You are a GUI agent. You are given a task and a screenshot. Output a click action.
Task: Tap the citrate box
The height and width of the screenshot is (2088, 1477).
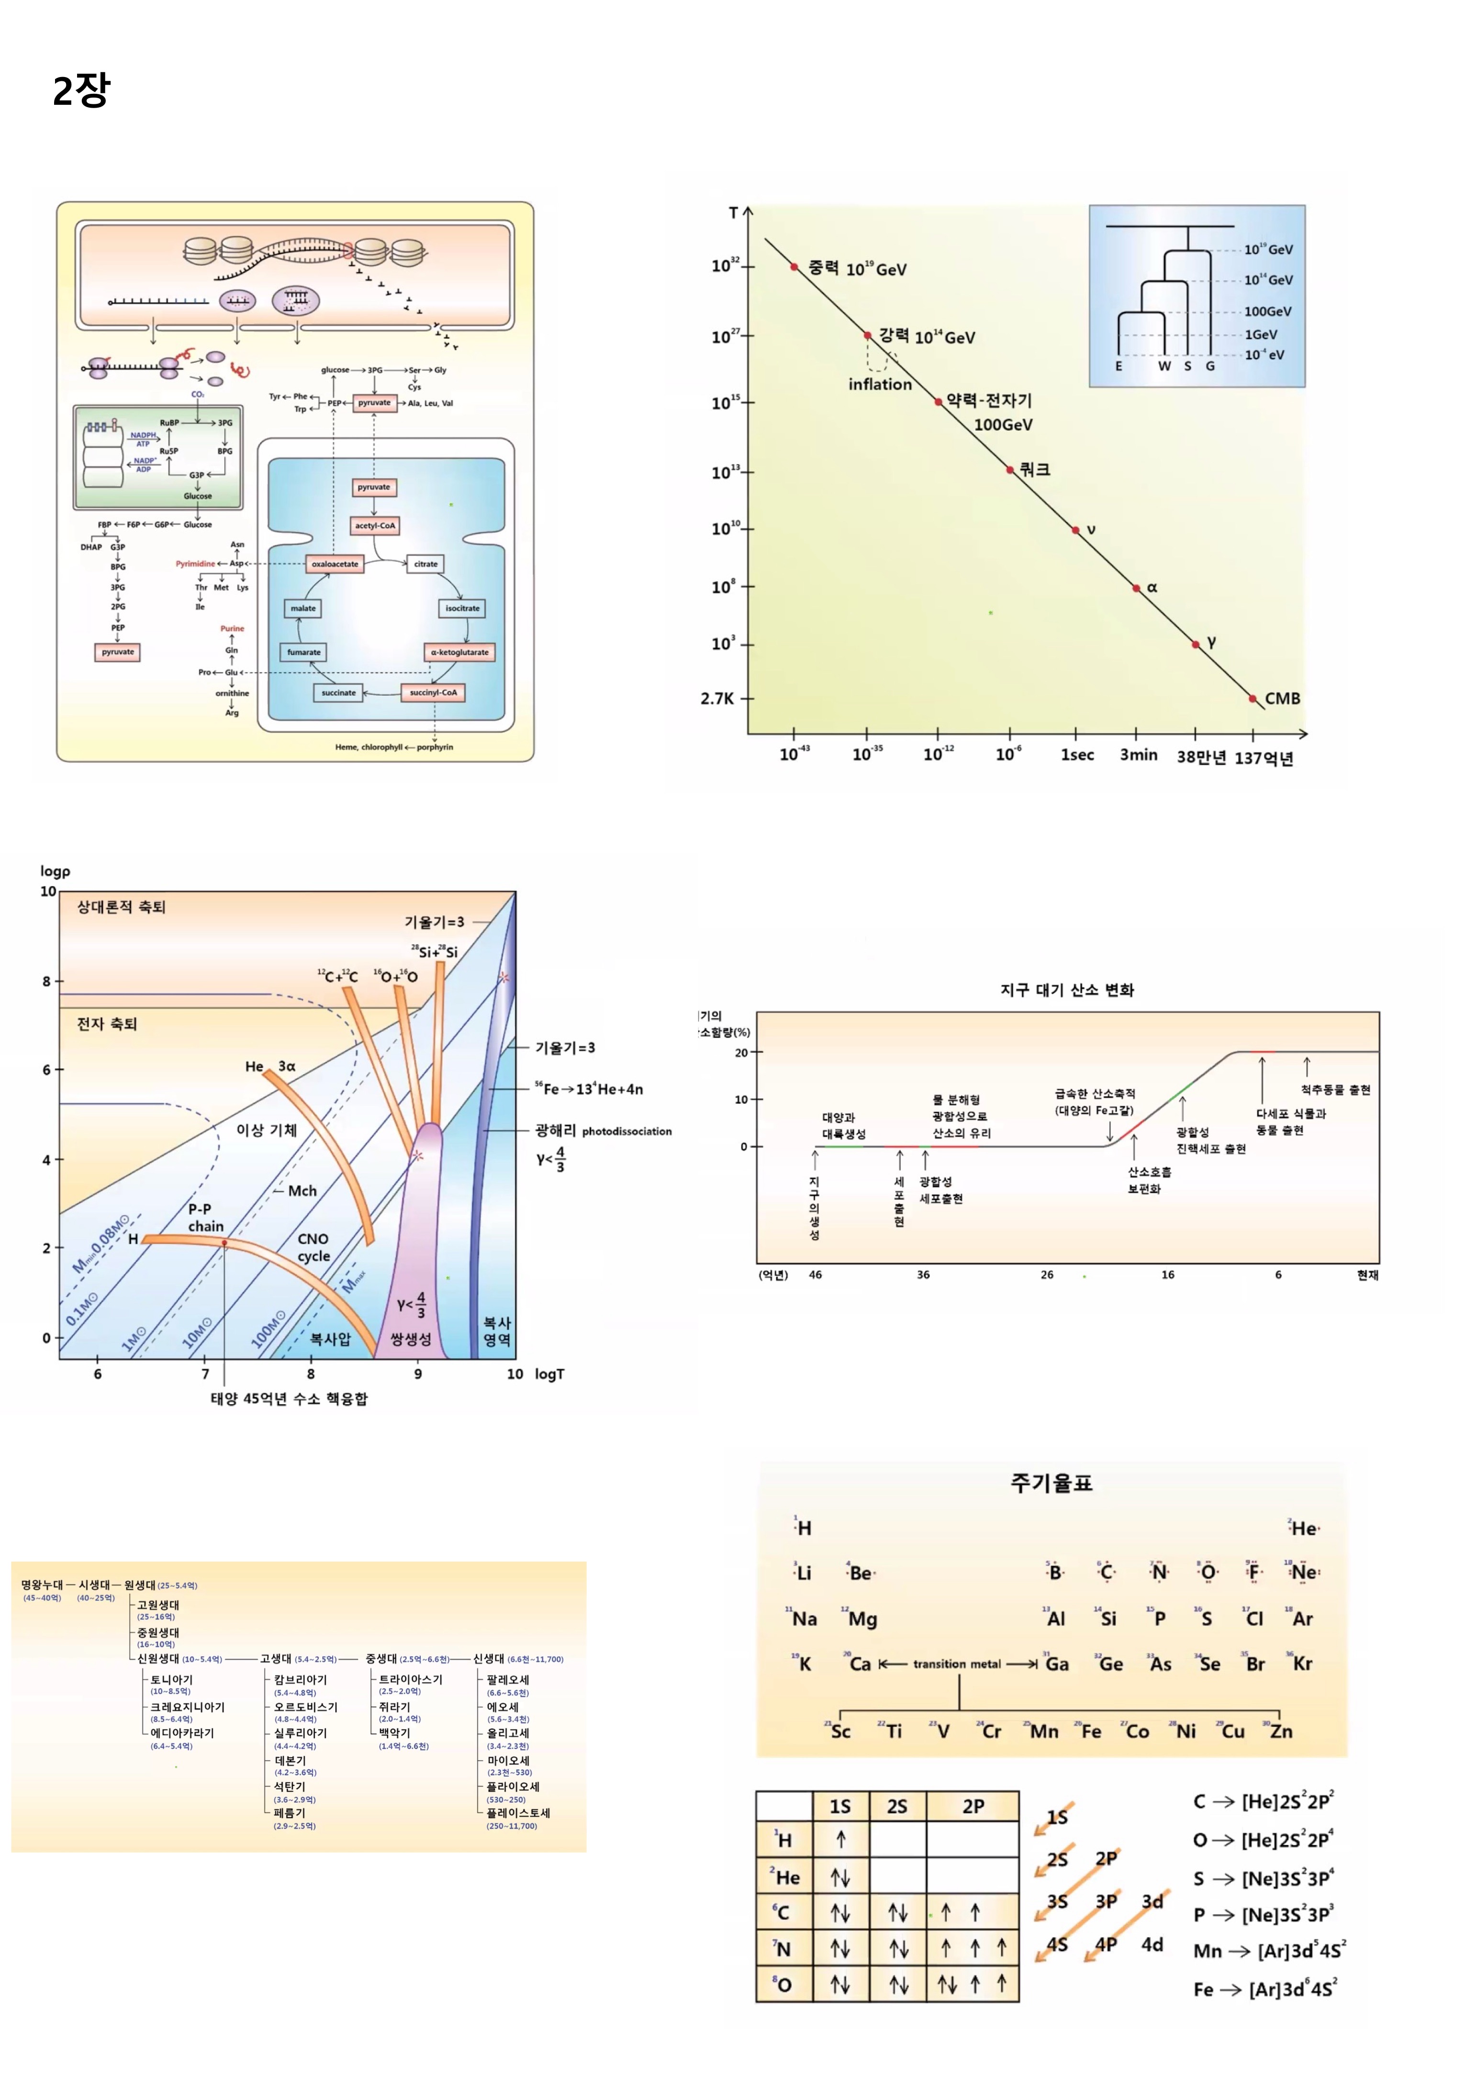pos(425,564)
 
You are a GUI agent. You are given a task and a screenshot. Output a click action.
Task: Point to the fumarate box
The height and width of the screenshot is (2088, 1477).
pos(304,652)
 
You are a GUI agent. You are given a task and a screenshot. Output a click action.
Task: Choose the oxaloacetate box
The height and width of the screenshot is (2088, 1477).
pos(335,564)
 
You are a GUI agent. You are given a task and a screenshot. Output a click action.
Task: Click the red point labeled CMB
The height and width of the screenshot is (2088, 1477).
pos(1253,699)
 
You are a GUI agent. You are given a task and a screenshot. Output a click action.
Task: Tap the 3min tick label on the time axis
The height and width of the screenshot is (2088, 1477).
pos(1138,755)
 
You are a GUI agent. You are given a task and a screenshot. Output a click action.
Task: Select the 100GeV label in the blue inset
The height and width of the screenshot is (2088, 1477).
pos(1267,311)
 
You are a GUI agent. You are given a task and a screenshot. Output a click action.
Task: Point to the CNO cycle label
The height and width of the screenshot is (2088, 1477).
pos(314,1248)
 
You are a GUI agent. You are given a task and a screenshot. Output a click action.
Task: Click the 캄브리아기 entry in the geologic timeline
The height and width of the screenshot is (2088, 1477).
pos(300,1680)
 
